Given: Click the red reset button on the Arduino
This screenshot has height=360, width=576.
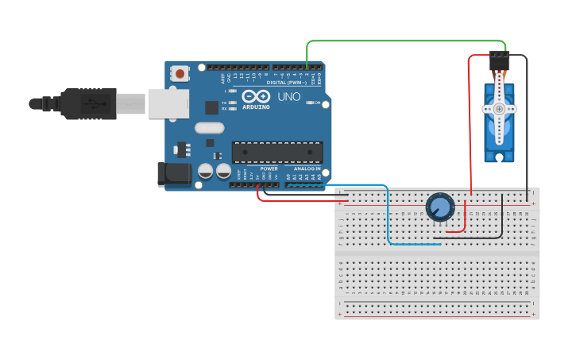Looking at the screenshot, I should [181, 74].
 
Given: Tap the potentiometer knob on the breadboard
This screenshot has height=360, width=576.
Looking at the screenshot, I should [439, 208].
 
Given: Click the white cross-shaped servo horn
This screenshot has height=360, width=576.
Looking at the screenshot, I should [499, 108].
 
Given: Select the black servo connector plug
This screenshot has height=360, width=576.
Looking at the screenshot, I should [499, 61].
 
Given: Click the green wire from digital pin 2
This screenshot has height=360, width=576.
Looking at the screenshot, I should [405, 41].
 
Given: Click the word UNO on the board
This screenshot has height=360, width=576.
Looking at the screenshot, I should [288, 97].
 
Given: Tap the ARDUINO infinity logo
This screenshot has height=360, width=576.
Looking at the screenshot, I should [256, 97].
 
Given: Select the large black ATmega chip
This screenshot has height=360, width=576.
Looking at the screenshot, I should [277, 152].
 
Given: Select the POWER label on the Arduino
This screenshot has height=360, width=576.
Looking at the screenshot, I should [269, 168].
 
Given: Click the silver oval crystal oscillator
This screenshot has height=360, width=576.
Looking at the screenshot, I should [210, 128].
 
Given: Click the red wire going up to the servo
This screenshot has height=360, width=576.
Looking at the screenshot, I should [470, 127].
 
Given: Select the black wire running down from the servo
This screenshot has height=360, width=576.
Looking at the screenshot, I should [527, 127].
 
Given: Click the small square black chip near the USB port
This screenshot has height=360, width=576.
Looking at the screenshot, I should [212, 107].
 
